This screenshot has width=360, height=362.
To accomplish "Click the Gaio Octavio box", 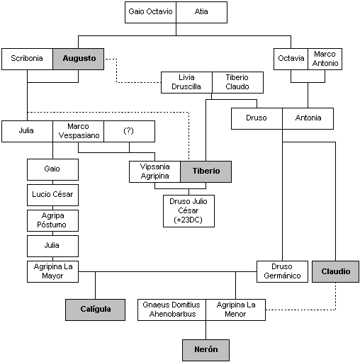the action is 150,12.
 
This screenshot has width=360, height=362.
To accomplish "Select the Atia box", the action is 201,12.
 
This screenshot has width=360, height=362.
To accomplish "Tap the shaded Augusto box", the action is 79,59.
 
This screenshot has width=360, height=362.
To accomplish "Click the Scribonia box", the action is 27,59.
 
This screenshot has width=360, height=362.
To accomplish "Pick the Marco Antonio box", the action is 325,59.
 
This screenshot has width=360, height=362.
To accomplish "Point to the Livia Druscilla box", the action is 186,82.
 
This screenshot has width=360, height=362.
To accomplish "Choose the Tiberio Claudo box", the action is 237,82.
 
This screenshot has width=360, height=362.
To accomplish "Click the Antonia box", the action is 308,118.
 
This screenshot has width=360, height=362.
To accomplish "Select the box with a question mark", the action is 129,131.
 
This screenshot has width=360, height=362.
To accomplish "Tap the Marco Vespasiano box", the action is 79,131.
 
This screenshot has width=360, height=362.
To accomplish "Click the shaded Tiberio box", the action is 206,171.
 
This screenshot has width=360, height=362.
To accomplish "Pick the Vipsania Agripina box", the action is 154,171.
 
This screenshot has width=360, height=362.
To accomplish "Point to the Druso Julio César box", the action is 189,211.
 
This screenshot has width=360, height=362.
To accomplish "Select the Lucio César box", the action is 52,195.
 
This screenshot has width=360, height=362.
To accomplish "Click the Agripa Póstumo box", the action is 52,220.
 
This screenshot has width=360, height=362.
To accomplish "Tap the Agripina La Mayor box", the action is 52,271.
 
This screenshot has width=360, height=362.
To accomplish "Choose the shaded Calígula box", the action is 95,310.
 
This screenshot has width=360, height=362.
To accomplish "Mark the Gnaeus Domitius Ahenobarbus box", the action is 171,310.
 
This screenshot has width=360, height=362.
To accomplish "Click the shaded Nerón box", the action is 206,350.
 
